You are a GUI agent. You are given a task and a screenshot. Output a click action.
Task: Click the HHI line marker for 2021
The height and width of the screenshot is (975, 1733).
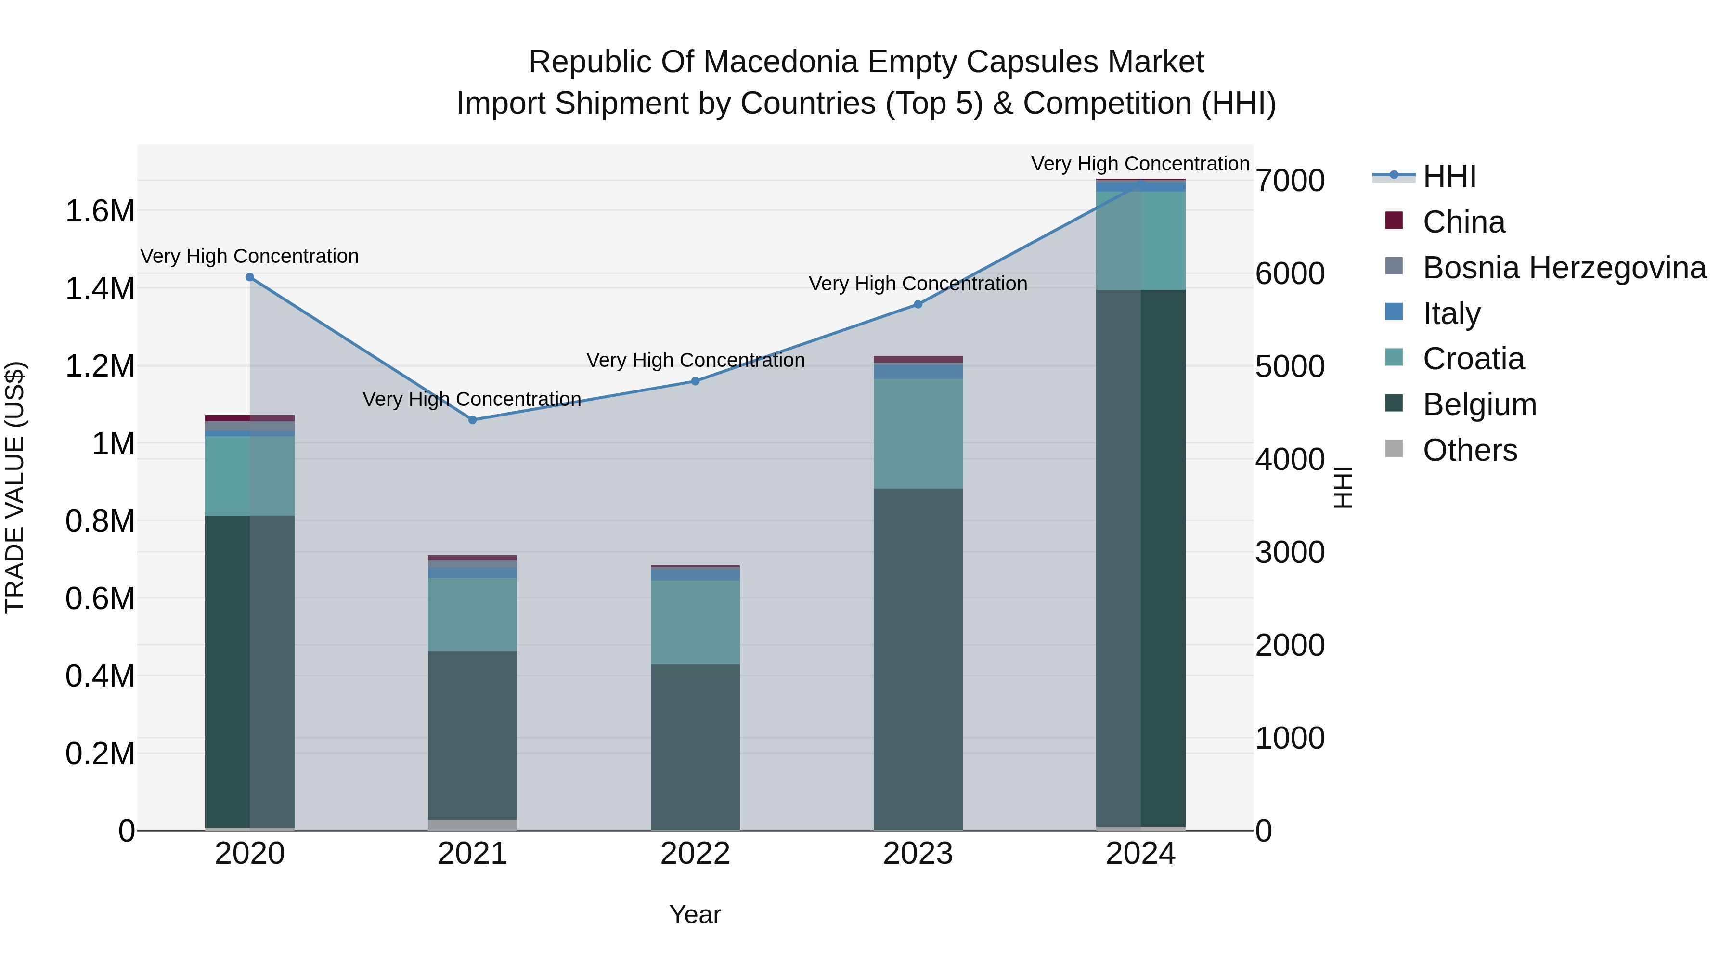[472, 420]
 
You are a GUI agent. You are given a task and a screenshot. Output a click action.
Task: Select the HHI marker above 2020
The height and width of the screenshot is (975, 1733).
[249, 277]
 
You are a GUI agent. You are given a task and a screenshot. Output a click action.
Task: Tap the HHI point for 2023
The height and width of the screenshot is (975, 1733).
[918, 304]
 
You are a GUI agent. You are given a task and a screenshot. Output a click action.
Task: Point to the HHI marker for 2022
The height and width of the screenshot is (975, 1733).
[696, 381]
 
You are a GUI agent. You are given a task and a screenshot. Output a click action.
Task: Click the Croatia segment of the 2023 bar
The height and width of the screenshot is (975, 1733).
[918, 433]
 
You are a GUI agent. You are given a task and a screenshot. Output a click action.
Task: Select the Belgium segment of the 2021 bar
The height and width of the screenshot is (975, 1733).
[472, 735]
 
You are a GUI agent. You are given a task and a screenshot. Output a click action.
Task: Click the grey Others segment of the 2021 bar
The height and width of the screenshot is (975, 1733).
[472, 825]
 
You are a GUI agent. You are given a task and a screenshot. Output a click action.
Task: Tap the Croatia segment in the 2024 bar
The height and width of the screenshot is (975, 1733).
[1141, 240]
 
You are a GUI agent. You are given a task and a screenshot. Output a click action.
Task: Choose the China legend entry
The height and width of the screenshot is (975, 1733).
[1463, 222]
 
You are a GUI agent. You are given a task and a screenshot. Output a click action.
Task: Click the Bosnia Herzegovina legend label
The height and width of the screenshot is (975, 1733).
[1564, 268]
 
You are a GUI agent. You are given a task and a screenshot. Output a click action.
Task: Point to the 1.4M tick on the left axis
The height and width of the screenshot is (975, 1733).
[100, 289]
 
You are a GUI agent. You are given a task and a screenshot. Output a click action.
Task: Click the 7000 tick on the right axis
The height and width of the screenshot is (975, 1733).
[1290, 181]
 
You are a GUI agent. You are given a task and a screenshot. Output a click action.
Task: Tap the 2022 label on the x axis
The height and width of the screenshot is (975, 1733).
[695, 854]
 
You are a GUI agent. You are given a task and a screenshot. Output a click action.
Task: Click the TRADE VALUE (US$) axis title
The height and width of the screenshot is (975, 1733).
[15, 487]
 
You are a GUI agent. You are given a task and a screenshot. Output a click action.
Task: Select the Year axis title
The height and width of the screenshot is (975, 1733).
[695, 914]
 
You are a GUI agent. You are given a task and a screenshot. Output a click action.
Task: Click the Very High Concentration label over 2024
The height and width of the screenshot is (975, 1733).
[1140, 164]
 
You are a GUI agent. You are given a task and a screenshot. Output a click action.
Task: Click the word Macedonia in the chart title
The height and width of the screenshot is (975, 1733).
[782, 62]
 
